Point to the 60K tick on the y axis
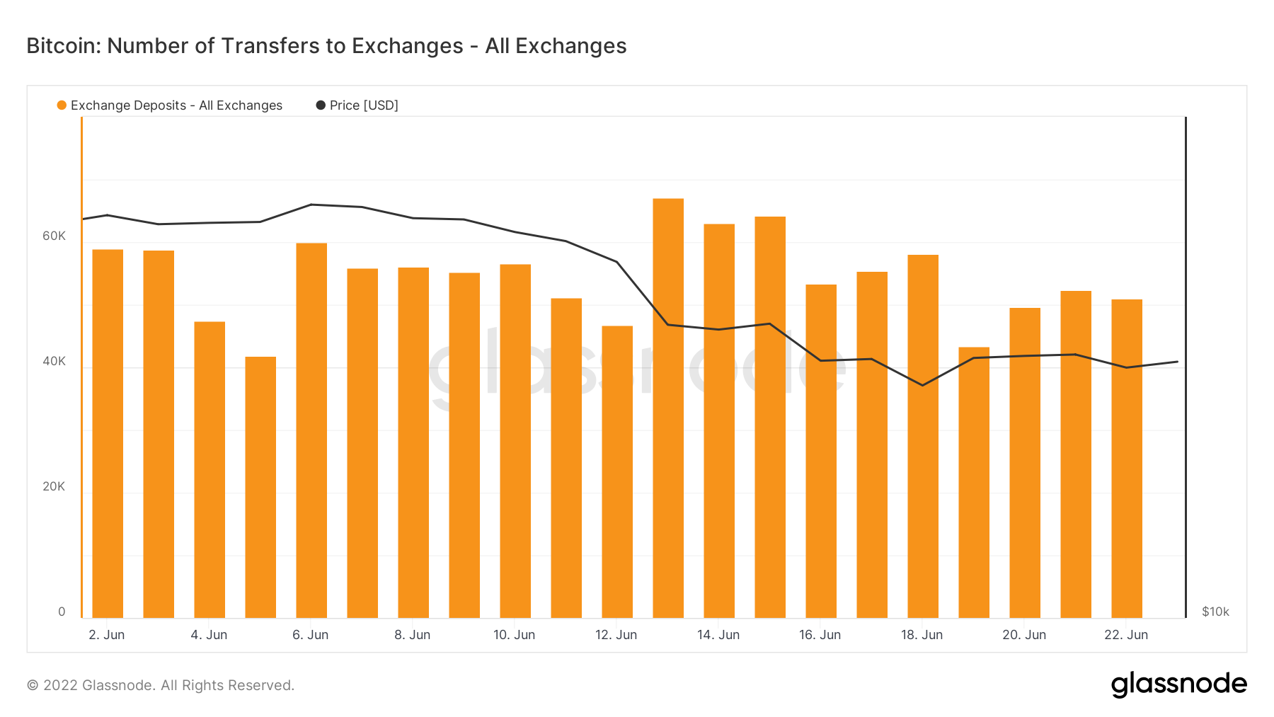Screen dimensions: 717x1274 pyautogui.click(x=54, y=236)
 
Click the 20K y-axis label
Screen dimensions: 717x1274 pyautogui.click(x=54, y=486)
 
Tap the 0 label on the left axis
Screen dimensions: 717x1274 pyautogui.click(x=62, y=612)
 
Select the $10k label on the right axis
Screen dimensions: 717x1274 pyautogui.click(x=1215, y=612)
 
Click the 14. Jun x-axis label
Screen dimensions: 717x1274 pyautogui.click(x=718, y=635)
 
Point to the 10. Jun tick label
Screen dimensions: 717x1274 pyautogui.click(x=515, y=635)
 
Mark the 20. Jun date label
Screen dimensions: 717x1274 pyautogui.click(x=1024, y=635)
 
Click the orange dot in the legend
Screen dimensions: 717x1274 pyautogui.click(x=62, y=105)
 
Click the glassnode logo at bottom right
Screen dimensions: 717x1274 pyautogui.click(x=1178, y=684)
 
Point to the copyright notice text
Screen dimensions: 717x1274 pyautogui.click(x=161, y=685)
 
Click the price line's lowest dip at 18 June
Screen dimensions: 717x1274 pyautogui.click(x=923, y=385)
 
